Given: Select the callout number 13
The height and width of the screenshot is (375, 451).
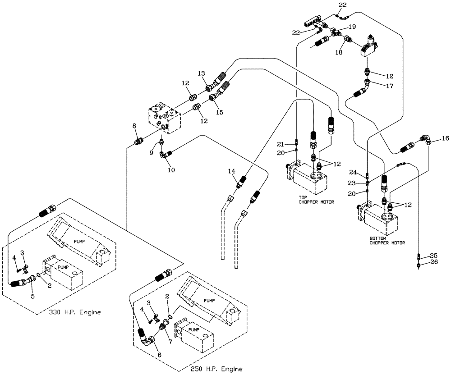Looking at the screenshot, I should click(x=201, y=73).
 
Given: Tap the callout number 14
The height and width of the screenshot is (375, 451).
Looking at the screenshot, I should click(x=232, y=171).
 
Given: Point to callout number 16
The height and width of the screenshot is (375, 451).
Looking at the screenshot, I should click(x=446, y=139).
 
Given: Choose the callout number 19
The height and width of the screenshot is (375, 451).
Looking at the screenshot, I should click(x=352, y=27).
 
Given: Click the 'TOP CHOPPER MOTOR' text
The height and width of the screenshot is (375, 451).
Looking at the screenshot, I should click(x=316, y=200).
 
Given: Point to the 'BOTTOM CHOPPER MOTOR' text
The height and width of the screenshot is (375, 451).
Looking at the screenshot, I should click(x=387, y=240).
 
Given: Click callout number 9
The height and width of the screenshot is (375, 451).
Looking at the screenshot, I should click(x=152, y=153).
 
